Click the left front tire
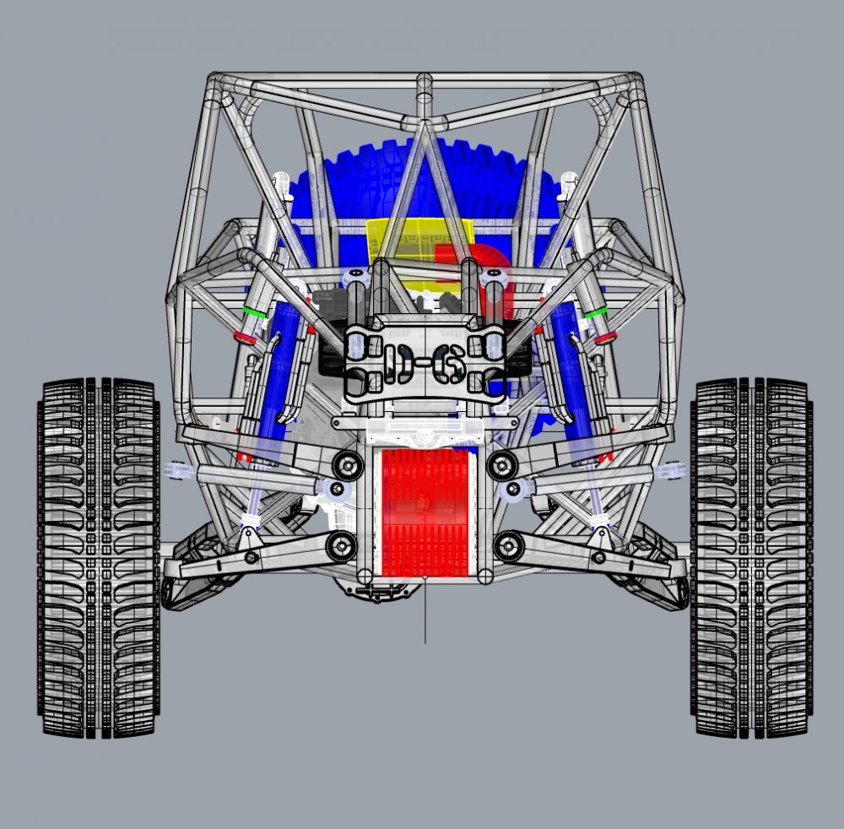point(98,557)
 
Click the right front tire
point(750,557)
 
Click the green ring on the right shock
point(597,312)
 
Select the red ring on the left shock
point(246,339)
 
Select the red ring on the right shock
point(604,339)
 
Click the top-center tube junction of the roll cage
point(425,84)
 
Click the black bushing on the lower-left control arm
point(341,545)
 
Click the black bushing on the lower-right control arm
point(508,545)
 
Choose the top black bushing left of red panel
point(345,463)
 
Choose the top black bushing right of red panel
point(503,463)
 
